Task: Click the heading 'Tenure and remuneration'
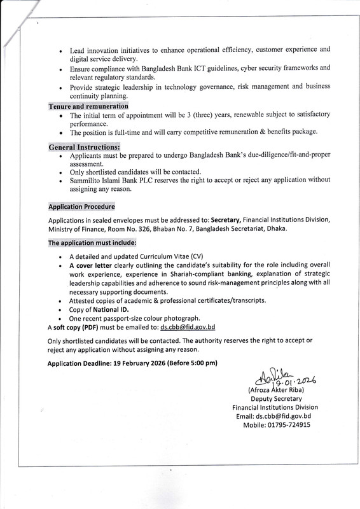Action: coord(88,106)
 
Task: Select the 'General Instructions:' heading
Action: coord(85,147)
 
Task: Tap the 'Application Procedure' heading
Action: coord(82,207)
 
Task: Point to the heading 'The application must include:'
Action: coord(92,243)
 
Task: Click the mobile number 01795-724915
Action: coord(286,425)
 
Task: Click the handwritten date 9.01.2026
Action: coord(294,380)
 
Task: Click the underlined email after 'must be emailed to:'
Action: coord(188,327)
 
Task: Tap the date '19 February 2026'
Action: coord(134,363)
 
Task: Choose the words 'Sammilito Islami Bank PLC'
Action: coord(112,180)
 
